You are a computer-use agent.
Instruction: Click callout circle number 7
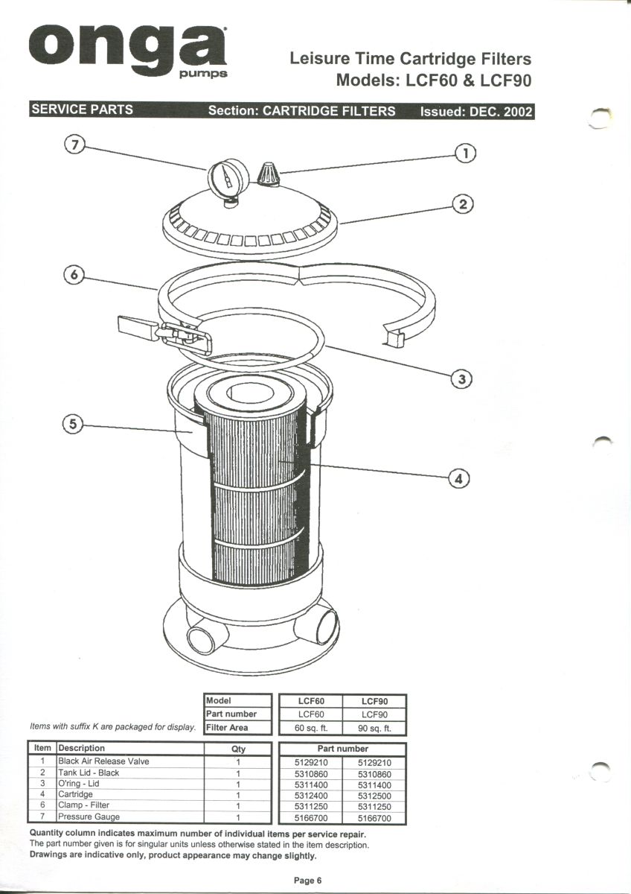point(72,145)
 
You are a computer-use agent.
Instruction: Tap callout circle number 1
point(465,153)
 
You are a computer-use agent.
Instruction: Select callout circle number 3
point(462,379)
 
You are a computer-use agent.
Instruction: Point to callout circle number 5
point(72,425)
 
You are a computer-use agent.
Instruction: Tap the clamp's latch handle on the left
point(138,327)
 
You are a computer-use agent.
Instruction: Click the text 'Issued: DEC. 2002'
point(476,111)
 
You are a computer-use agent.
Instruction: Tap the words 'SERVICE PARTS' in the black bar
point(82,110)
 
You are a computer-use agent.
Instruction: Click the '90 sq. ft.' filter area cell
point(374,728)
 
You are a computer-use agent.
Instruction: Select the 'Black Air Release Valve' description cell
point(103,761)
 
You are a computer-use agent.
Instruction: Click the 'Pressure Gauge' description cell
point(89,817)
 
